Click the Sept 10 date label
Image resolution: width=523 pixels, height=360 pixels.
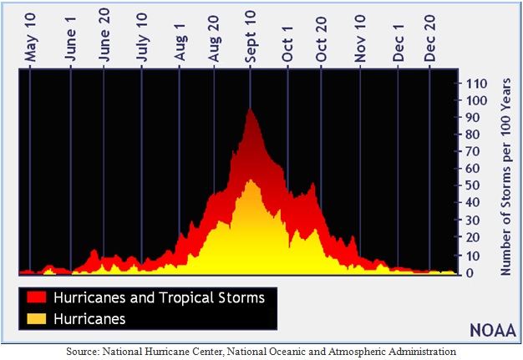coord(250,36)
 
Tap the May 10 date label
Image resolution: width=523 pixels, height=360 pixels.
coord(30,38)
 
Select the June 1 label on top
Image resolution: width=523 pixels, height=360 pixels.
coord(70,39)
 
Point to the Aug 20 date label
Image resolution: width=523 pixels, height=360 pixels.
coord(214,38)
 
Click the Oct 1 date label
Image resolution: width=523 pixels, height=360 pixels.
coord(287,44)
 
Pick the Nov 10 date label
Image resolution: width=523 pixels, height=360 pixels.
coord(360,38)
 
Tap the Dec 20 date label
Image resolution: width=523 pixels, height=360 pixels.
coord(429,38)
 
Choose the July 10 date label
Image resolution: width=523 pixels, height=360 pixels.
coord(142,38)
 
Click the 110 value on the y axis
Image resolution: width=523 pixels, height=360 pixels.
coord(476,84)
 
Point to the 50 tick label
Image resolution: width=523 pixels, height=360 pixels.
coord(473,185)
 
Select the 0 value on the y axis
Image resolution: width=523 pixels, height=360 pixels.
coord(470,272)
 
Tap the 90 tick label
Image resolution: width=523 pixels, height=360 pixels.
coord(473,117)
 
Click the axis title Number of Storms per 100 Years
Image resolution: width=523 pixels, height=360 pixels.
coord(505,177)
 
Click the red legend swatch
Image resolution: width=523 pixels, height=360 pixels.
coord(37,297)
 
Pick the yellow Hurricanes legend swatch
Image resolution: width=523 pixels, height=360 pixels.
coord(37,319)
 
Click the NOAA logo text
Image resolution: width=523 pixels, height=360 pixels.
coord(493,331)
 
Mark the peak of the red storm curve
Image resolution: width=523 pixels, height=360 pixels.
coord(249,109)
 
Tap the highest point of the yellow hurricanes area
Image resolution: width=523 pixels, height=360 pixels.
coord(250,180)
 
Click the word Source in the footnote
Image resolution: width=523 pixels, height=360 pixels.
coord(83,352)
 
